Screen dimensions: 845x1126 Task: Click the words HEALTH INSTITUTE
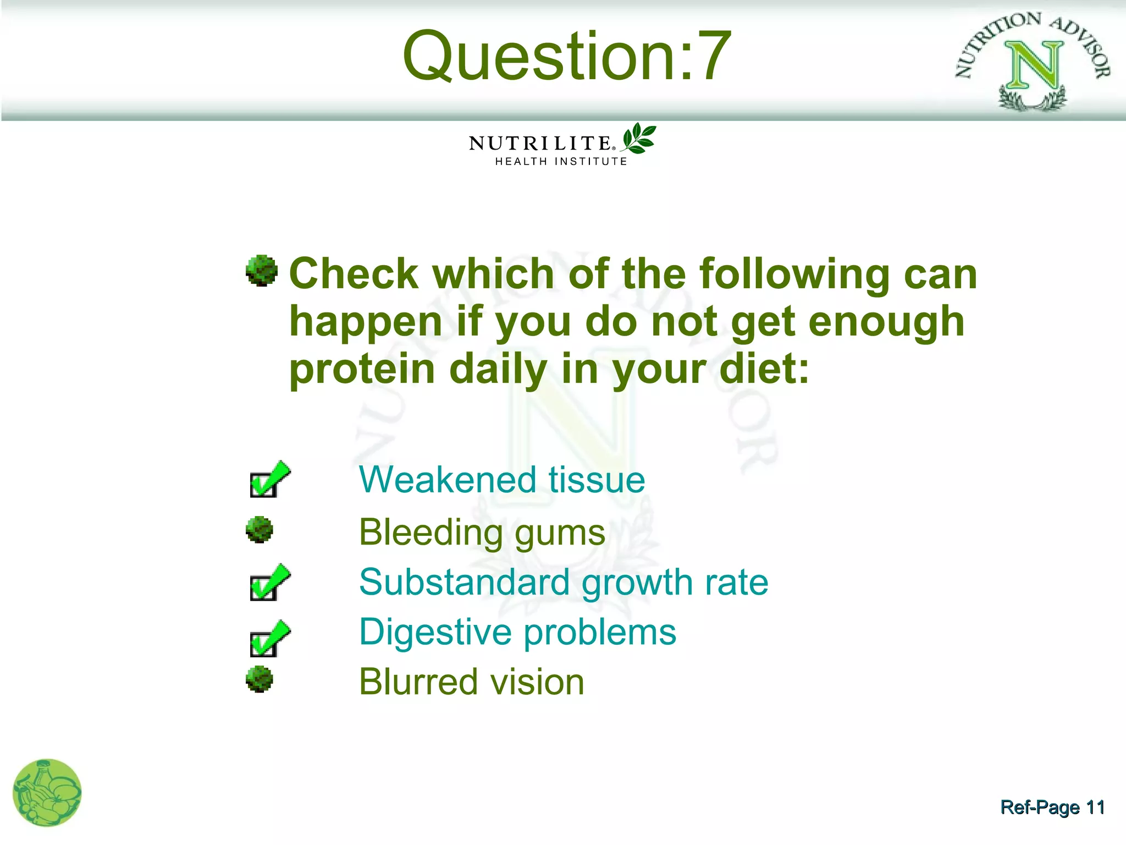coord(561,162)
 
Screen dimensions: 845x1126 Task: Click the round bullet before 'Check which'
coord(261,271)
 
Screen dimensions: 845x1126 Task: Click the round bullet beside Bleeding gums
coord(260,530)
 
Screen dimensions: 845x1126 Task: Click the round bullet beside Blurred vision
coord(260,679)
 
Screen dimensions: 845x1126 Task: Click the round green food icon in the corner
coord(47,793)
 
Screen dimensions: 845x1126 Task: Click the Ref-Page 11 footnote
coord(1052,808)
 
